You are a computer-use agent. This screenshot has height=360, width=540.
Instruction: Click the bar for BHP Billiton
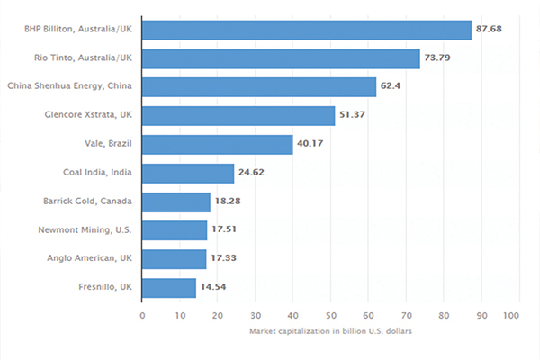[x=307, y=31]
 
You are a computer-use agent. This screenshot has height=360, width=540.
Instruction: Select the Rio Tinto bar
[x=281, y=58]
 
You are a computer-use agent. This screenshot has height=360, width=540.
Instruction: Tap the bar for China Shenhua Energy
[x=259, y=87]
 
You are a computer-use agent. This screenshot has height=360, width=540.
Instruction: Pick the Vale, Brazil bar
[x=218, y=145]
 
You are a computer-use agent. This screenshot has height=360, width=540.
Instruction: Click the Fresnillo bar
[x=169, y=288]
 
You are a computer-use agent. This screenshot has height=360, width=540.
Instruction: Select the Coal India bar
[x=188, y=174]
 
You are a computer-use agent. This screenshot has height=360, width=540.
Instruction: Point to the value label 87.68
[x=489, y=29]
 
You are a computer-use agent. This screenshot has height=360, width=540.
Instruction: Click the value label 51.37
[x=352, y=114]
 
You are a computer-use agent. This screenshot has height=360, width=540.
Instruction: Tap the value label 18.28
[x=228, y=202]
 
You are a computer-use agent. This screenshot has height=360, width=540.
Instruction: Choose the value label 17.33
[x=223, y=258]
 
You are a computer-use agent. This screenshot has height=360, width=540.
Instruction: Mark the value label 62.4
[x=391, y=85]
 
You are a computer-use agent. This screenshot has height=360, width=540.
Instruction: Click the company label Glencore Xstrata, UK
[x=88, y=114]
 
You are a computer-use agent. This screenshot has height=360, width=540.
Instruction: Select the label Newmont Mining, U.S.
[x=85, y=229]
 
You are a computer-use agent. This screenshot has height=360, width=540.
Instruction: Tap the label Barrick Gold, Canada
[x=87, y=202]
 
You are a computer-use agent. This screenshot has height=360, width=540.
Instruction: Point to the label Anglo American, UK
[x=89, y=258]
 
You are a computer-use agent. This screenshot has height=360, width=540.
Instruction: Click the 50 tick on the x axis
[x=330, y=316]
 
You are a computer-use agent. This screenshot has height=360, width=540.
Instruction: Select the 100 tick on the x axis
[x=511, y=316]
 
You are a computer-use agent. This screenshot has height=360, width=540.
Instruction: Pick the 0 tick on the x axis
[x=142, y=316]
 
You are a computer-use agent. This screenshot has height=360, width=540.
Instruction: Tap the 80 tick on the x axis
[x=444, y=316]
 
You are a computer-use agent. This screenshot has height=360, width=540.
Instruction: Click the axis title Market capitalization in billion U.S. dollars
[x=330, y=331]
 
